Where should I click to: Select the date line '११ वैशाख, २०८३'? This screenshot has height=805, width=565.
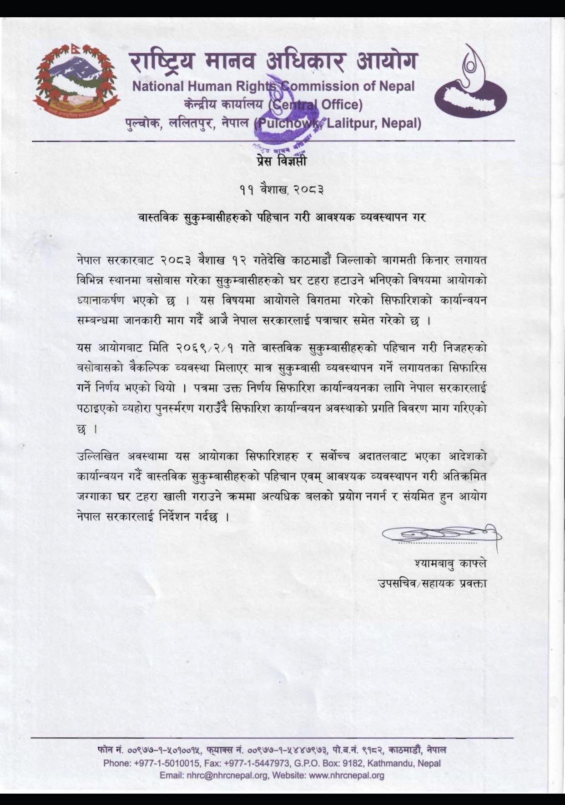282,191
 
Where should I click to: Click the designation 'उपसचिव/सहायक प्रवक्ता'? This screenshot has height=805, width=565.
433,583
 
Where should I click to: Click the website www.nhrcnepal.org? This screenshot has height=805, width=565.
347,775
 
